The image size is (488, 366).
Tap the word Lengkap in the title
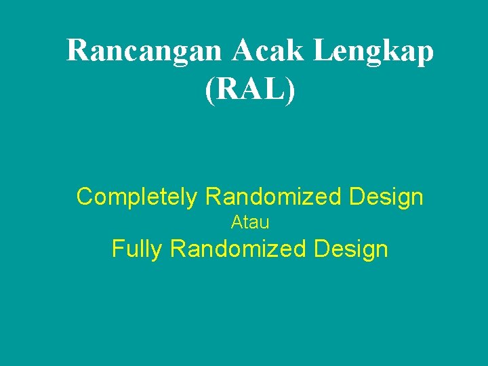(378, 52)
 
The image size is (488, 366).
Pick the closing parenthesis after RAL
(291, 89)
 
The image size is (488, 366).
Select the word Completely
(137, 197)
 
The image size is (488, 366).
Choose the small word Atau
(250, 222)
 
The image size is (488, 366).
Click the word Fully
(137, 249)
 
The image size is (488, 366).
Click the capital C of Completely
(85, 197)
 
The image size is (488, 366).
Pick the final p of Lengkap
(425, 54)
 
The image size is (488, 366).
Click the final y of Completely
(193, 199)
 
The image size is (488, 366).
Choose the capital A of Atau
(237, 222)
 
